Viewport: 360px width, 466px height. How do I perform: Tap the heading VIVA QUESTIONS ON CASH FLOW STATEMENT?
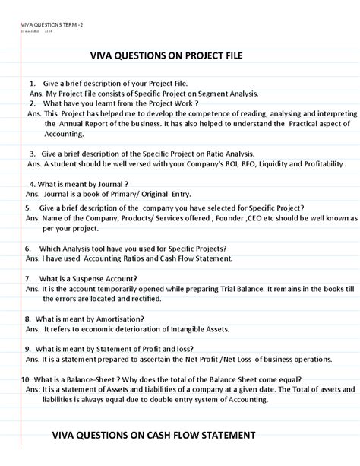(153, 435)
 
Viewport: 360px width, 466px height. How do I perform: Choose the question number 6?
(28, 249)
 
